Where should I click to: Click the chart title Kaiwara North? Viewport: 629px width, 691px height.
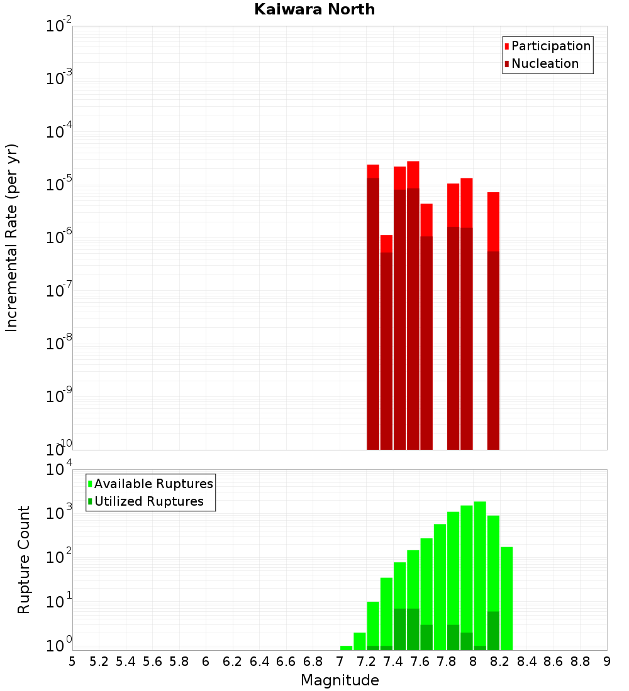click(x=314, y=9)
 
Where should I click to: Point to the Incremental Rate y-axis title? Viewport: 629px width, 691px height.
click(x=12, y=237)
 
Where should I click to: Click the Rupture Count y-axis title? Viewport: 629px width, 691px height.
click(x=24, y=559)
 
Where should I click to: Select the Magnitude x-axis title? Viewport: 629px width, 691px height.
click(x=340, y=680)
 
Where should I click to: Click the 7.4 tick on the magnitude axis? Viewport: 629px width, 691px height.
click(x=393, y=661)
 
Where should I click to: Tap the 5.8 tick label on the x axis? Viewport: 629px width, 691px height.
click(x=179, y=661)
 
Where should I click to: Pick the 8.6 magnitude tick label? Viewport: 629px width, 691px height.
click(x=554, y=661)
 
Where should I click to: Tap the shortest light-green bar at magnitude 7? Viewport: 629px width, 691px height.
click(x=346, y=648)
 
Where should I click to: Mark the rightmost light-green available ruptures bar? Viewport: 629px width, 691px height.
click(x=506, y=597)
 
